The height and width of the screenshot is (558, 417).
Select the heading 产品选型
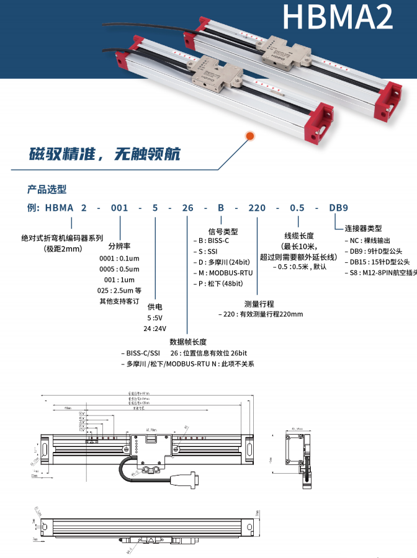click(47, 189)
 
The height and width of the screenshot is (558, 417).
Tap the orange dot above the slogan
click(250, 135)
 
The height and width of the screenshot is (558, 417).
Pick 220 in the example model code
click(257, 208)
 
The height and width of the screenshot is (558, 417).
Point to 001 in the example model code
click(119, 208)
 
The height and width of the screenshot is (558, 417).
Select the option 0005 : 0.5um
click(119, 269)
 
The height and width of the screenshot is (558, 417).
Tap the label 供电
click(155, 307)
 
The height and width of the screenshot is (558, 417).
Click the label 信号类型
click(223, 231)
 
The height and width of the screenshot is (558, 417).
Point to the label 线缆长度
click(299, 236)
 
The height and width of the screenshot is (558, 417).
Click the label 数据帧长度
click(188, 342)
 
